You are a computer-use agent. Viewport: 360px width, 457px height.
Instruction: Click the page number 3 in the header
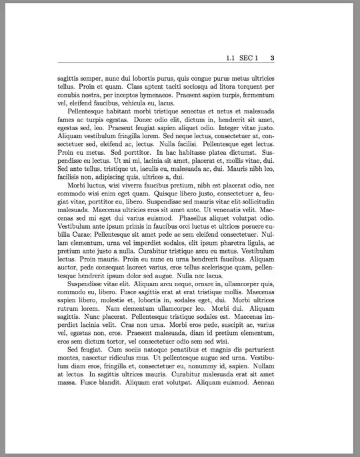tap(273, 57)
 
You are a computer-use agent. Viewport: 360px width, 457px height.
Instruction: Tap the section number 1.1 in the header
tap(232, 57)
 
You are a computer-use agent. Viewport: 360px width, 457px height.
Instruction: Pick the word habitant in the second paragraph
tap(120, 113)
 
